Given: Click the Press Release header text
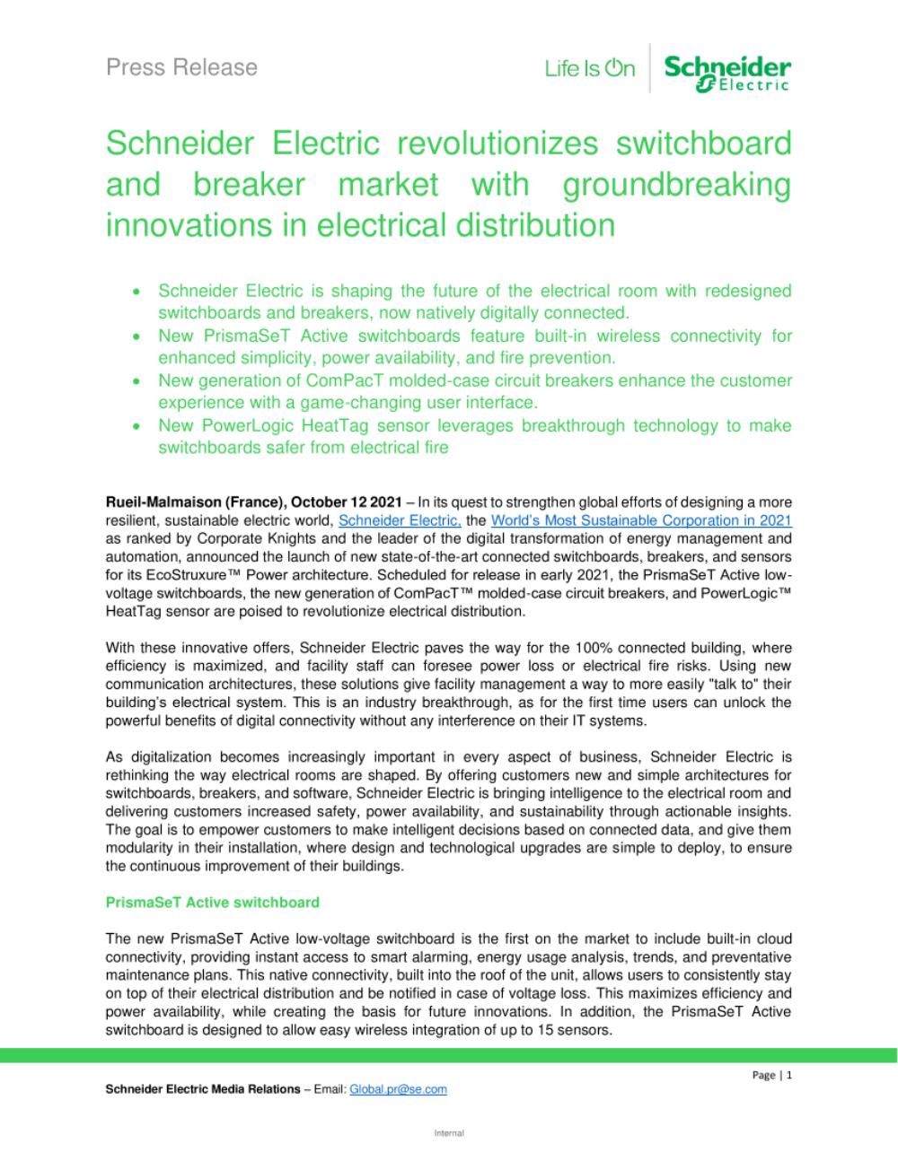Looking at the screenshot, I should click(181, 67).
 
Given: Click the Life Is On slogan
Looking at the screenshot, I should click(589, 69).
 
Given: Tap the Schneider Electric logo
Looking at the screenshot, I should click(727, 72).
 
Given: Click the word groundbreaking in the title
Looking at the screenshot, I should click(677, 184).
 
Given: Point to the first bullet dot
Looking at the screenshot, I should click(136, 292).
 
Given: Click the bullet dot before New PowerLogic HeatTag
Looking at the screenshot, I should click(136, 426).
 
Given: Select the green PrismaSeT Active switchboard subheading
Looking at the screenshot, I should click(212, 902).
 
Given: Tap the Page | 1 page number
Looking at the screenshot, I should click(771, 1075).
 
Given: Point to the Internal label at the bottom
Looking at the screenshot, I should click(449, 1133).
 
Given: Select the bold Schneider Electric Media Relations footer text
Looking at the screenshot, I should click(203, 1089).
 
